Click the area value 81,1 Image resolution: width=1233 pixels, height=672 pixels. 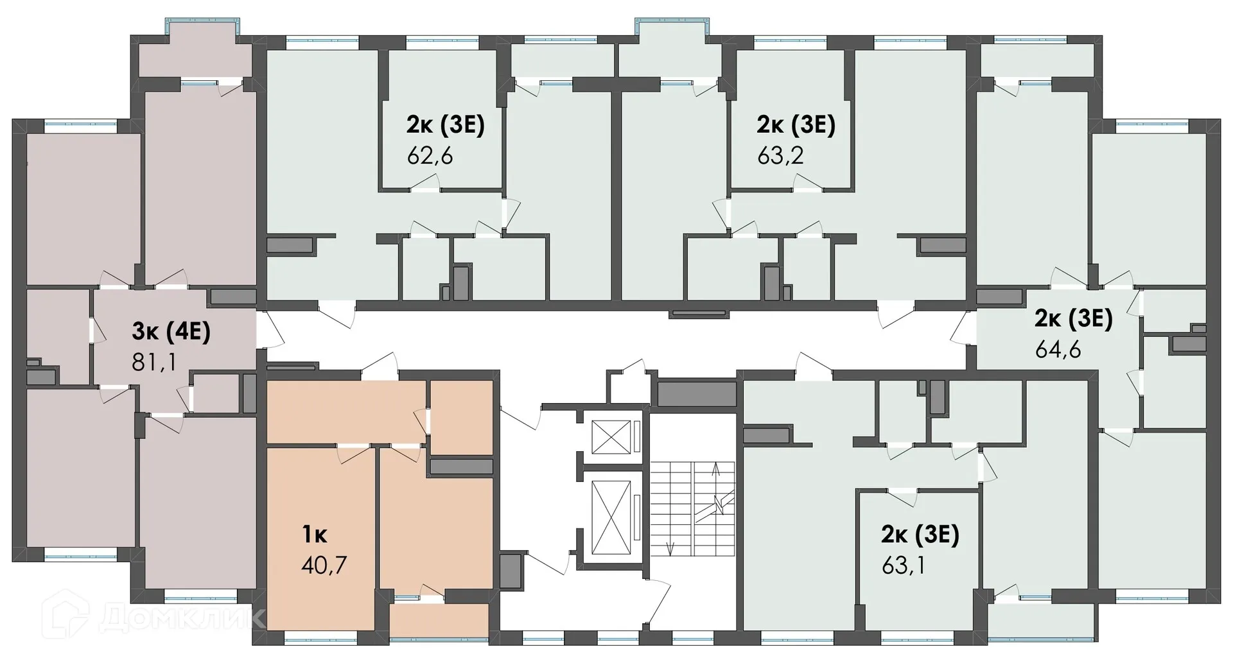153,363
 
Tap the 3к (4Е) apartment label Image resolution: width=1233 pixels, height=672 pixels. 171,332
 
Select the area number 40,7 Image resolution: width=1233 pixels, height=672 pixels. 324,565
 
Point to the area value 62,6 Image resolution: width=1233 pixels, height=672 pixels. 430,155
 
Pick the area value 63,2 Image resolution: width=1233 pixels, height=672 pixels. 780,155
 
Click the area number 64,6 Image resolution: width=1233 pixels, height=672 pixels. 1058,350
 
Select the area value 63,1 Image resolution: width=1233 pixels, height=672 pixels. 904,566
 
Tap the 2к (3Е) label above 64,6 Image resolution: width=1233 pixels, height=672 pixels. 1073,318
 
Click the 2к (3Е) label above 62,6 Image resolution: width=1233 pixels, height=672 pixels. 445,125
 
